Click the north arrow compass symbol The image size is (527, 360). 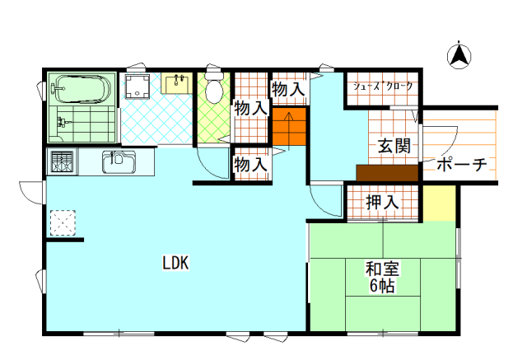(459, 55)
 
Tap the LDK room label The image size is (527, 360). (175, 263)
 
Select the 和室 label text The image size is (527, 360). (382, 269)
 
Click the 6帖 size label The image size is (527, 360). (382, 286)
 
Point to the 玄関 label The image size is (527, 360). (394, 146)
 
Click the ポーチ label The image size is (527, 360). (462, 164)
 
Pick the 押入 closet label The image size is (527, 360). (382, 202)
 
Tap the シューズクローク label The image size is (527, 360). (382, 86)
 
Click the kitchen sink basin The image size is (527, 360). (119, 161)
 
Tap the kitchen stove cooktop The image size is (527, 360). (62, 161)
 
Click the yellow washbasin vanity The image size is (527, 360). (176, 83)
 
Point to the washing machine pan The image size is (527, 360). (138, 86)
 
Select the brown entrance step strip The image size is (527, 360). (387, 173)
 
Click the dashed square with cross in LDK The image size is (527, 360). (63, 223)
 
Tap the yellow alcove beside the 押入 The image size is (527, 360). (439, 203)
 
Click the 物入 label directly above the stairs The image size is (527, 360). (288, 90)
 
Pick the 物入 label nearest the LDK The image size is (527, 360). (251, 165)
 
